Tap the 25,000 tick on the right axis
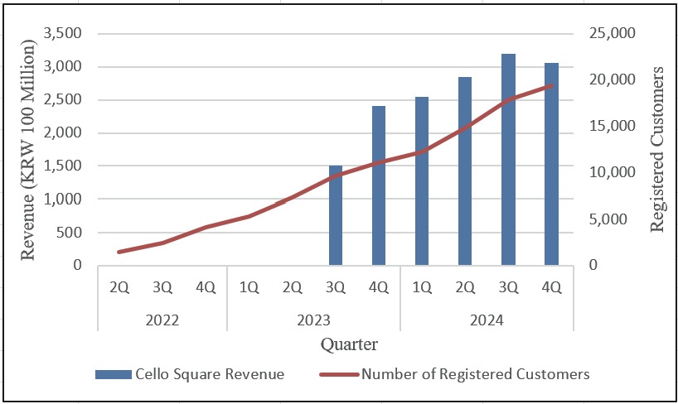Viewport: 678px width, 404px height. [x=612, y=34]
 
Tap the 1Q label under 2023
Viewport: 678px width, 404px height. [x=249, y=287]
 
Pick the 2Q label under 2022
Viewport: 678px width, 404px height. [x=119, y=287]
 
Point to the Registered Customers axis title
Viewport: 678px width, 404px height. [x=658, y=150]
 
